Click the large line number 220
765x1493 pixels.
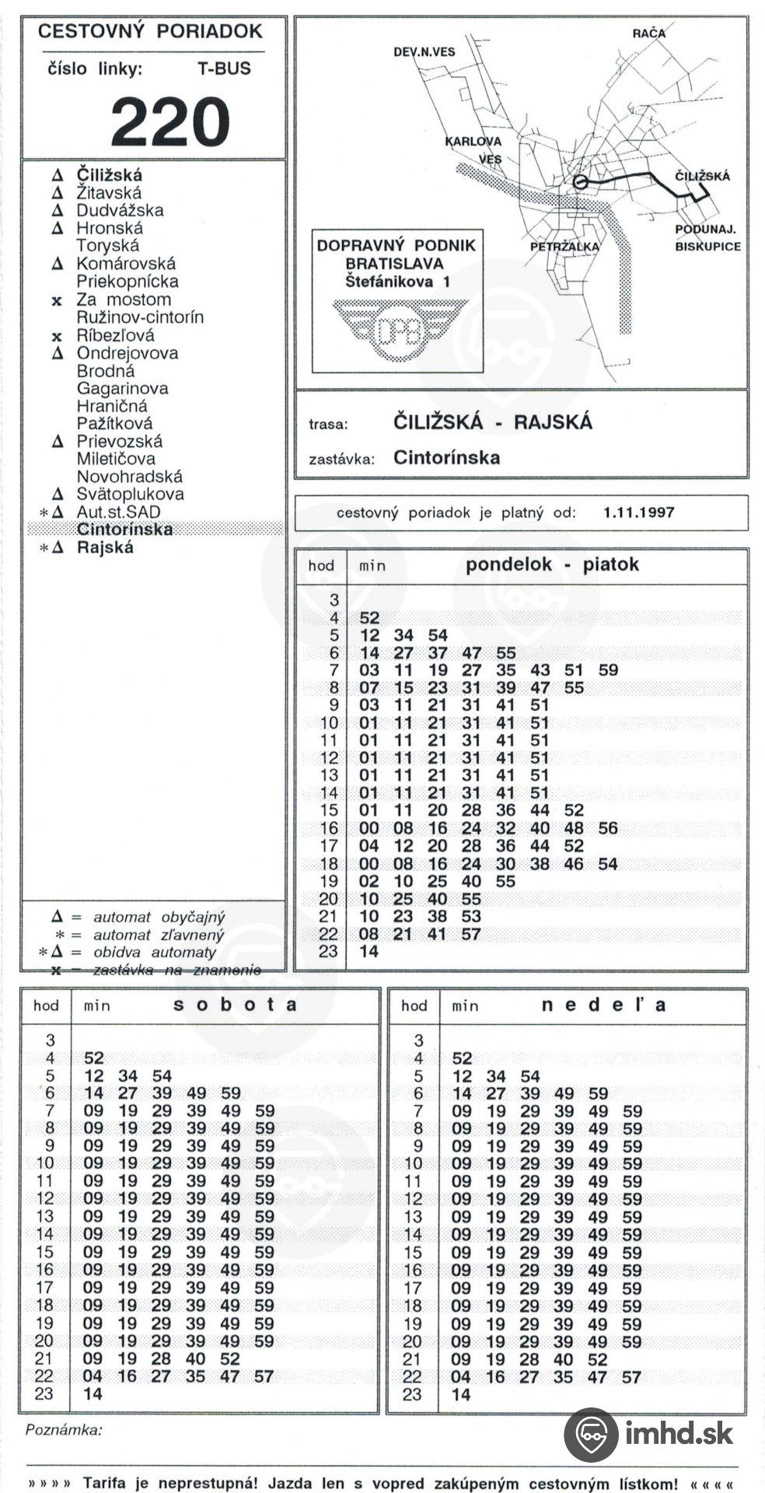pyautogui.click(x=170, y=123)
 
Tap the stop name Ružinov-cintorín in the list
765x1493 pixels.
pyautogui.click(x=140, y=317)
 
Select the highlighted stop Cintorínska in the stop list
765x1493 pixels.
pyautogui.click(x=124, y=530)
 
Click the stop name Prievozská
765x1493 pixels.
pyautogui.click(x=119, y=442)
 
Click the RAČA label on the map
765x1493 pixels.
pyautogui.click(x=648, y=33)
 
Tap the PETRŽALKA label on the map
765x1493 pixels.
pyautogui.click(x=564, y=247)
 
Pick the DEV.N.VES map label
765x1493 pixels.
pyautogui.click(x=424, y=52)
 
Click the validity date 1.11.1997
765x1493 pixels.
pyautogui.click(x=638, y=512)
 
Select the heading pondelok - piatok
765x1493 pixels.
pyautogui.click(x=552, y=565)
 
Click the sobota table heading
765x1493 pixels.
pyautogui.click(x=235, y=1004)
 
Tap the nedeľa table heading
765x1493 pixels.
pyautogui.click(x=603, y=1005)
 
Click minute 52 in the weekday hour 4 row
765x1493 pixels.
pyautogui.click(x=369, y=618)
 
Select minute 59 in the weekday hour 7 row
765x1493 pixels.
pyautogui.click(x=608, y=670)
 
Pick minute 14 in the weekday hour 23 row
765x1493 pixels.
pyautogui.click(x=369, y=952)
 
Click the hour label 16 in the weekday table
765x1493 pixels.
pyautogui.click(x=330, y=829)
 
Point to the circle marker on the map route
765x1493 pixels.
pyautogui.click(x=579, y=183)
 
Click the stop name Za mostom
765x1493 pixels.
pyautogui.click(x=123, y=300)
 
